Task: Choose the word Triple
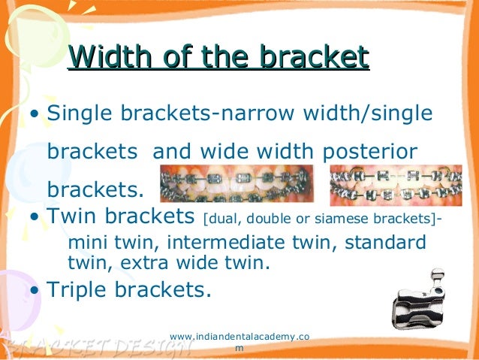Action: pos(80,289)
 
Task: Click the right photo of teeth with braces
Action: pos(395,183)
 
